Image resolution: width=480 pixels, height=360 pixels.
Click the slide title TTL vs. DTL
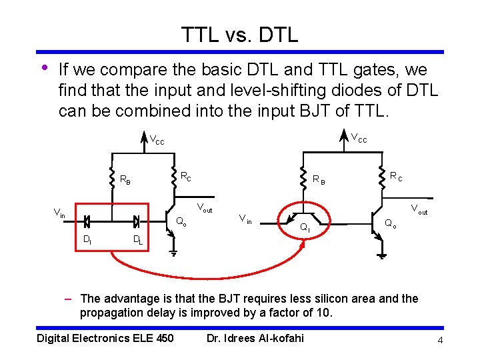pyautogui.click(x=239, y=34)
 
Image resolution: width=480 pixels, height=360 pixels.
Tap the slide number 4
pyautogui.click(x=440, y=341)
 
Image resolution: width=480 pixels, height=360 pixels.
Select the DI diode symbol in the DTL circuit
pyautogui.click(x=87, y=220)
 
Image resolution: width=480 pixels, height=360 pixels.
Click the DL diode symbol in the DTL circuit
pyautogui.click(x=137, y=220)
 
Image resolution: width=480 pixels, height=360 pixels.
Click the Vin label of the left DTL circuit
pyautogui.click(x=59, y=213)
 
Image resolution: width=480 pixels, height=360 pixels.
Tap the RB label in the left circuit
pyautogui.click(x=125, y=179)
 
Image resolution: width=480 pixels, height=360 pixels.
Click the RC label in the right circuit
pyautogui.click(x=396, y=177)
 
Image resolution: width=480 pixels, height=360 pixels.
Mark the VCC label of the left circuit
pyautogui.click(x=157, y=141)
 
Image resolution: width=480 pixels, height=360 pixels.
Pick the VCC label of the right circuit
pyautogui.click(x=359, y=138)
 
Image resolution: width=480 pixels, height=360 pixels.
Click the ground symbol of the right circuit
pyautogui.click(x=381, y=255)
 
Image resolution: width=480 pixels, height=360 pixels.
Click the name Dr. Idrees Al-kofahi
pyautogui.click(x=255, y=338)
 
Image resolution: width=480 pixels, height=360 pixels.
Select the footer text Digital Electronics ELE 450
pyautogui.click(x=105, y=338)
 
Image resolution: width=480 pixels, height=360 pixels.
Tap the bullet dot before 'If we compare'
pyautogui.click(x=44, y=68)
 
